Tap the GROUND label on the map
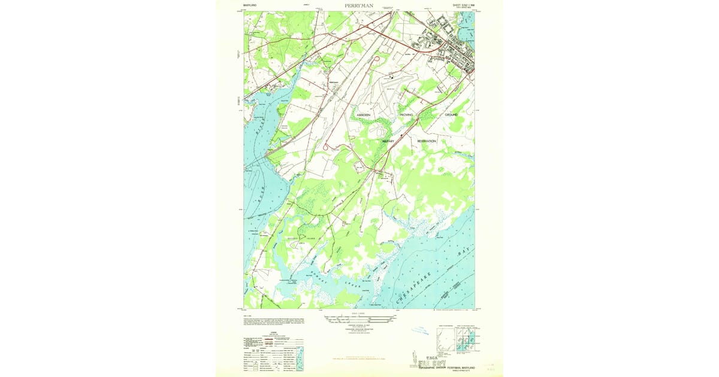click(x=451, y=114)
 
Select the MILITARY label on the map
click(x=391, y=141)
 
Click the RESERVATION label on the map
click(x=427, y=141)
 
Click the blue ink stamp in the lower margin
click(x=421, y=330)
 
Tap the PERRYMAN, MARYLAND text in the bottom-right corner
click(x=458, y=367)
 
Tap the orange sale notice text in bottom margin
click(x=359, y=359)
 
